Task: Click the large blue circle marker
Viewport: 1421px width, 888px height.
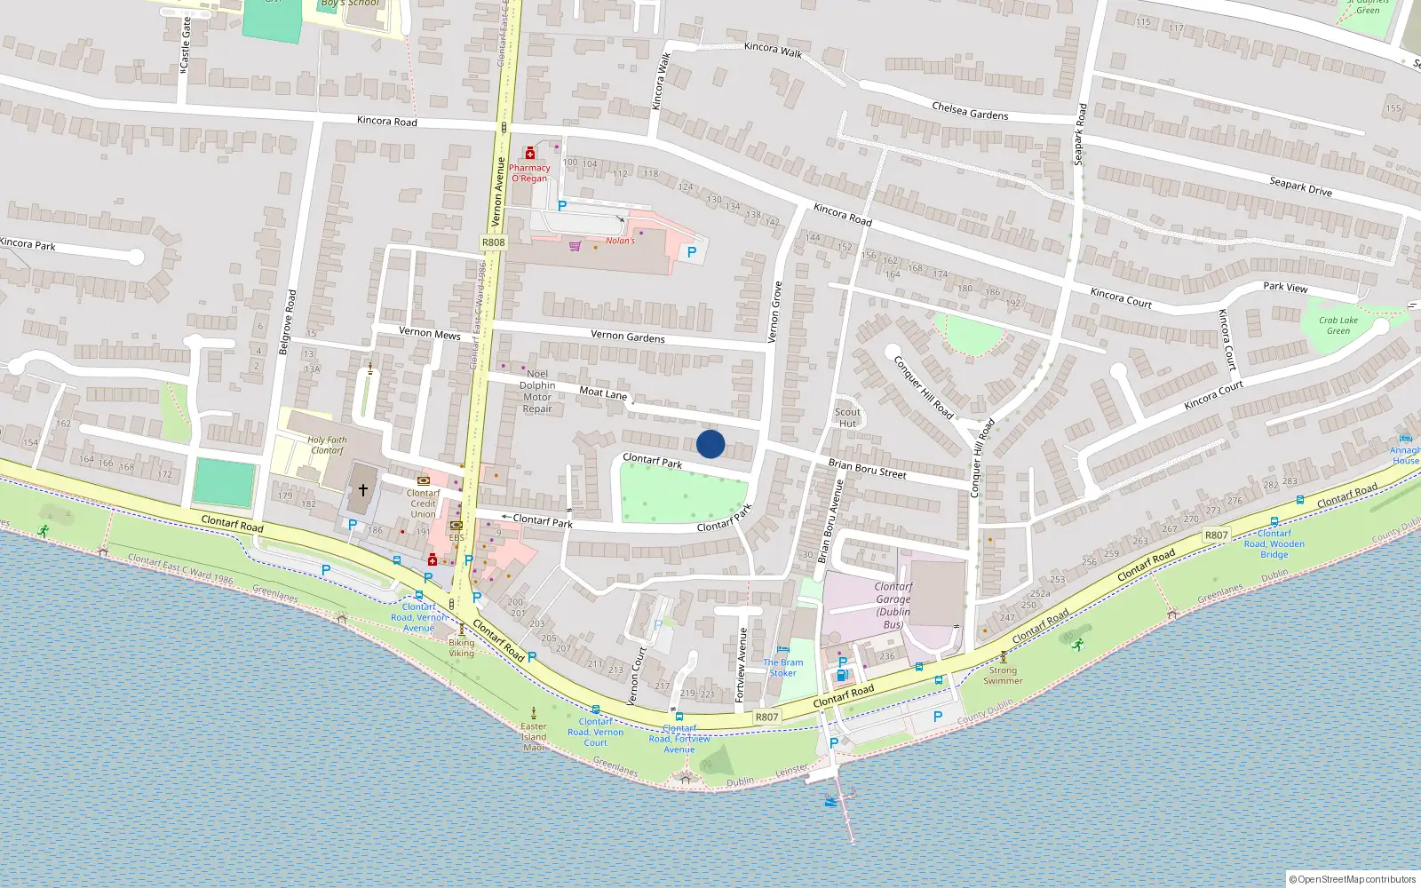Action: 710,444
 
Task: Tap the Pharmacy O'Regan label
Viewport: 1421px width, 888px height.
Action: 529,172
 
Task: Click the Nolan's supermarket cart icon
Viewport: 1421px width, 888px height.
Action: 575,246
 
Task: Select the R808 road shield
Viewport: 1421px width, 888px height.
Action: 493,242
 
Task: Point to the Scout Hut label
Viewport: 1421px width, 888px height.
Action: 847,417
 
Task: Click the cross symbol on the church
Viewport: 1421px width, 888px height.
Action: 362,489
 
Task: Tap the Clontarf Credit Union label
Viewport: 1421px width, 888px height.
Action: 424,503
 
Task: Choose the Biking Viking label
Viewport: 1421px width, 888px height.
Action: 461,647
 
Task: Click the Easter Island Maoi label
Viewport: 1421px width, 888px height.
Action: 534,736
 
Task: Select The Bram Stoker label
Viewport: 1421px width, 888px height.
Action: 782,667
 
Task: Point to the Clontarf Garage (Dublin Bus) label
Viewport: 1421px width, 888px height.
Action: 893,605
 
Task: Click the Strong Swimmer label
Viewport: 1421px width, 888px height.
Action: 1003,675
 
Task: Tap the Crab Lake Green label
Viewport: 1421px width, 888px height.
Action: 1338,325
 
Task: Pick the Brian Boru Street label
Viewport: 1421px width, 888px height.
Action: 867,468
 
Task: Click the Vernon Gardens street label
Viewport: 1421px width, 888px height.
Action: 627,336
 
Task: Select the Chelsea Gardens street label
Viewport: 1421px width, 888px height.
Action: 970,111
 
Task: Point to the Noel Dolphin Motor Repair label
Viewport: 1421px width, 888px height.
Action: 537,392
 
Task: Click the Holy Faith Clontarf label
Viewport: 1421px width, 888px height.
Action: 327,445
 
